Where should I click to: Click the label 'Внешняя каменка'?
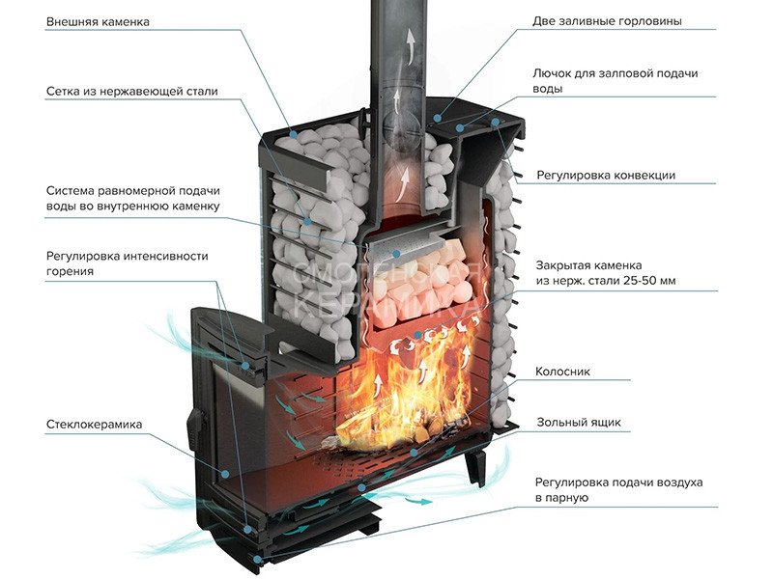click(98, 21)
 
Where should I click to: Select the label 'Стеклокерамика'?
click(94, 425)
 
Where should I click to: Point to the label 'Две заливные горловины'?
click(607, 20)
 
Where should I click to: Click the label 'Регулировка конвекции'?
click(607, 175)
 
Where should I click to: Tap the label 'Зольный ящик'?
click(579, 422)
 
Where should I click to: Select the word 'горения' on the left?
click(70, 272)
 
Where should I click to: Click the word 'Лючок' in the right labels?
click(553, 73)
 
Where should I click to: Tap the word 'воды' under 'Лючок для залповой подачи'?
click(547, 89)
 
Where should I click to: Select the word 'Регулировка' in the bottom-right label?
click(573, 482)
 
